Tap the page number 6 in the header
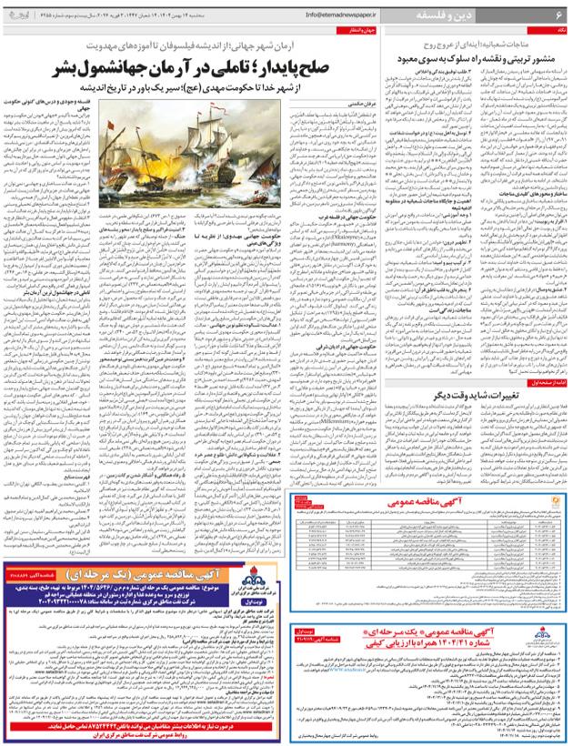[x=557, y=15]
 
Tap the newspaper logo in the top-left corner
[x=17, y=15]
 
